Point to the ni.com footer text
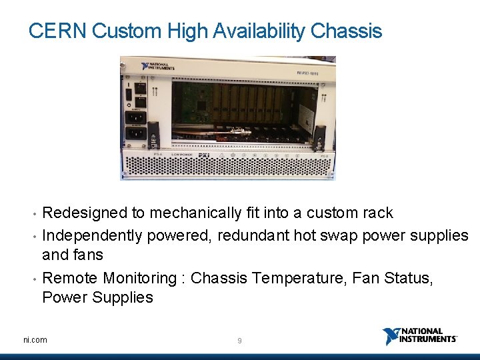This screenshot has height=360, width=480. click(35, 340)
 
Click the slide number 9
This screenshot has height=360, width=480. click(239, 341)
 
